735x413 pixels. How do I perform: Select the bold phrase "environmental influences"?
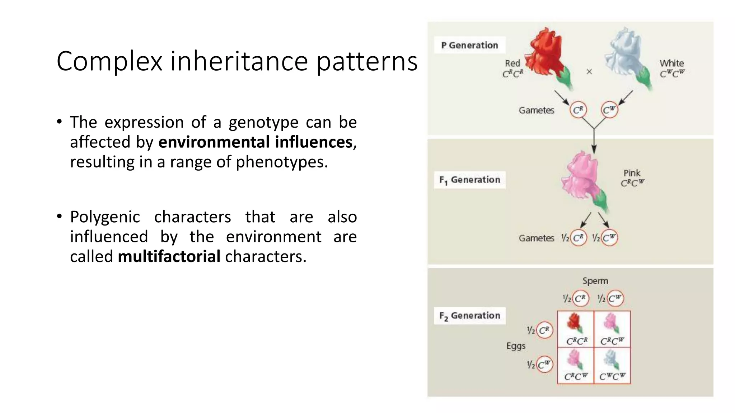(x=255, y=142)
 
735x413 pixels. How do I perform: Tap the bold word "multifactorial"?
(x=169, y=256)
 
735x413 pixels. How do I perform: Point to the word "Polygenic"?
(x=105, y=217)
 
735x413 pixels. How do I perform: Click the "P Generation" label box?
(x=469, y=45)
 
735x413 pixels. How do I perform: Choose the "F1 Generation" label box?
(x=469, y=180)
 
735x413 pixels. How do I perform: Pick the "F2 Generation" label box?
(x=469, y=315)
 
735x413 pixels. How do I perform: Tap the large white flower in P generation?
(x=626, y=57)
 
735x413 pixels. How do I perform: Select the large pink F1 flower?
(x=583, y=179)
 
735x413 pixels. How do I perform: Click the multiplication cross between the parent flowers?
(x=589, y=72)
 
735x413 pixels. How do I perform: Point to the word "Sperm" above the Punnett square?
(x=595, y=281)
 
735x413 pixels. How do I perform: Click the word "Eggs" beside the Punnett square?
(x=516, y=346)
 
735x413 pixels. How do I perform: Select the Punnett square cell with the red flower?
(x=576, y=329)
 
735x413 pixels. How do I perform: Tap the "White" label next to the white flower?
(x=671, y=63)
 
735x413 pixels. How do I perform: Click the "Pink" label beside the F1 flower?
(x=632, y=173)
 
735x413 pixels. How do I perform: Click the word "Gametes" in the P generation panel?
(x=536, y=110)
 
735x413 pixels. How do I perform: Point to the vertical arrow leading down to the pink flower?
(x=594, y=142)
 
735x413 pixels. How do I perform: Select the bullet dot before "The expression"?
(x=60, y=122)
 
